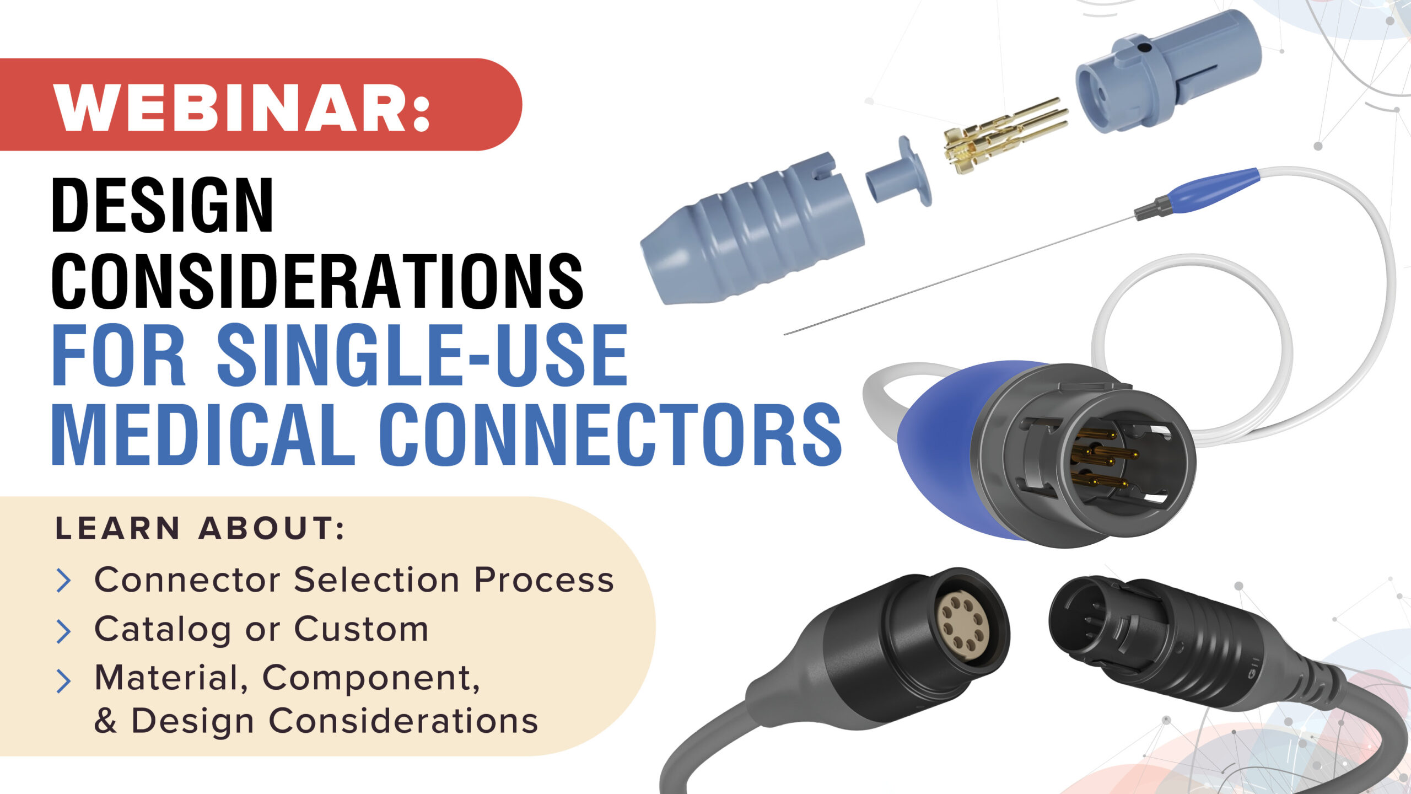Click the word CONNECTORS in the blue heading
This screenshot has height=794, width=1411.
(x=610, y=434)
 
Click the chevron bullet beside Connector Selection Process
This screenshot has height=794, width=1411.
(x=64, y=581)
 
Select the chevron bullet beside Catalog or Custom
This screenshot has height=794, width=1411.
(x=64, y=632)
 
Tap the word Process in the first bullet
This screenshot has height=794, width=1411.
(x=544, y=580)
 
